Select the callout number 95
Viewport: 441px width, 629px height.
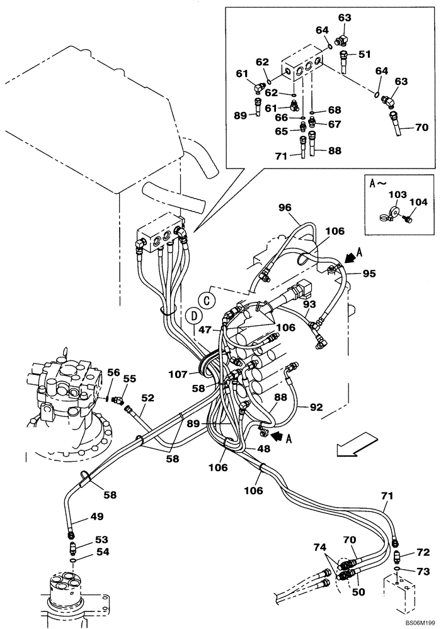point(369,274)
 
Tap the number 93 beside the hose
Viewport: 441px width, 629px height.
point(309,304)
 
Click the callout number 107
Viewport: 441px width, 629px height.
point(179,374)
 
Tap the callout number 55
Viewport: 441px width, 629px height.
point(130,379)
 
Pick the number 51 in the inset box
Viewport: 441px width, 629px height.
point(365,54)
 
